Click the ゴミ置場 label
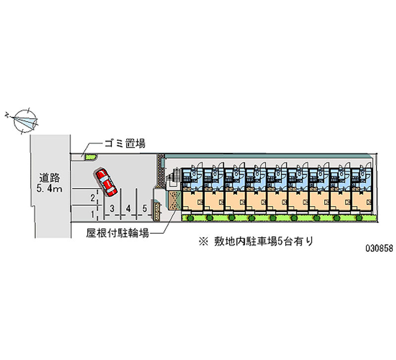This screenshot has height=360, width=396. pos(124,144)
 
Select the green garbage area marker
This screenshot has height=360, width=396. pos(90,157)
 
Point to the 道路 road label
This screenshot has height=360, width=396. pos(49,177)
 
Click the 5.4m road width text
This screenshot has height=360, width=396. pos(49,189)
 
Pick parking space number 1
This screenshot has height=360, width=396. pos(93,214)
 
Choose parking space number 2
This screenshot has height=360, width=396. pos(93,198)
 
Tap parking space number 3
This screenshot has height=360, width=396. pos(113,208)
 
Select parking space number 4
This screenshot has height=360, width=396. pos(128,208)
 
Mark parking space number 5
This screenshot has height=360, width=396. pos(145,208)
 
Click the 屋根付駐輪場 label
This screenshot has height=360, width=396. pos(117,233)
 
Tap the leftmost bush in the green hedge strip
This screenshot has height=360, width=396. pos(188,217)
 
